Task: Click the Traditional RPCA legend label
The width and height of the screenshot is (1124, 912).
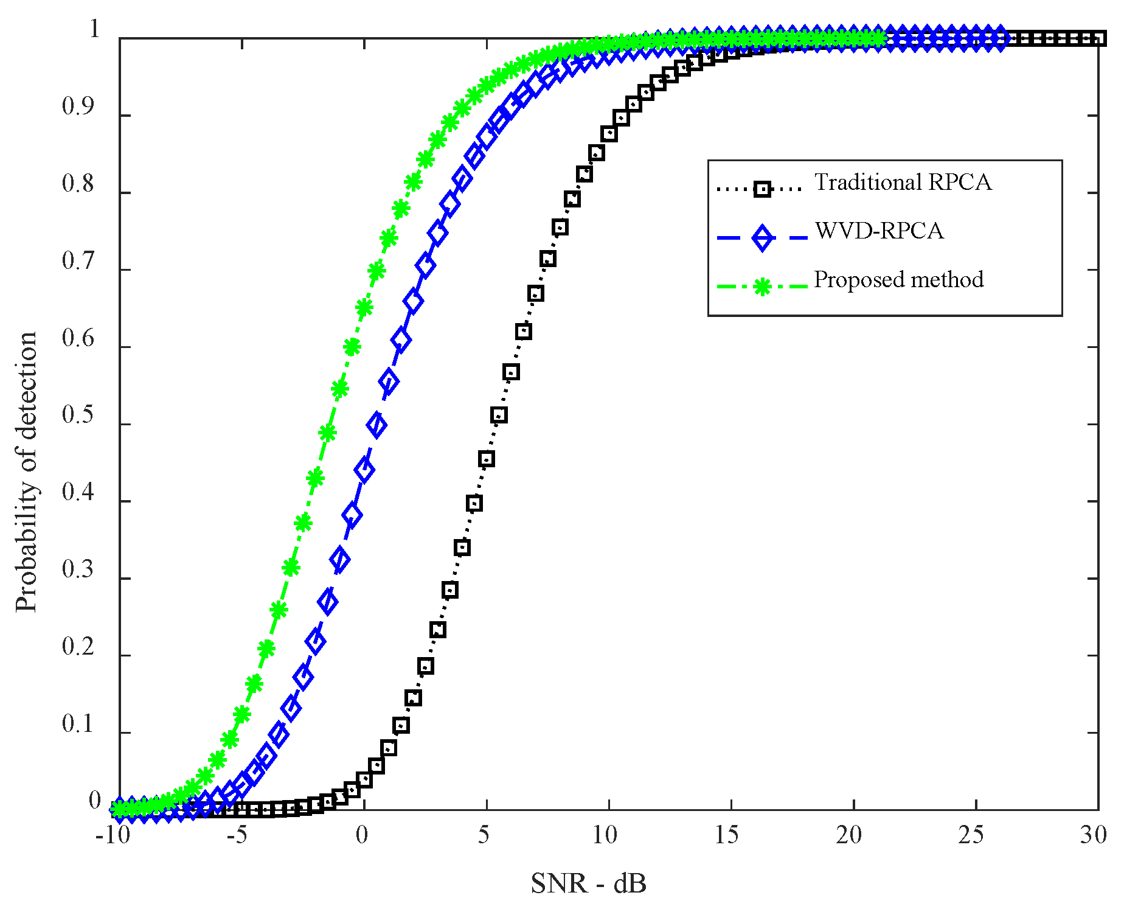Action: tap(903, 183)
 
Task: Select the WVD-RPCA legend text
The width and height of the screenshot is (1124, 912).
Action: tap(879, 231)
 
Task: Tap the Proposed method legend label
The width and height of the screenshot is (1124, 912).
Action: tap(898, 280)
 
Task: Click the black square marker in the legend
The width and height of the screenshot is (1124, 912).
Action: tap(761, 189)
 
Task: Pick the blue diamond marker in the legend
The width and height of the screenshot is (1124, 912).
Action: tap(761, 237)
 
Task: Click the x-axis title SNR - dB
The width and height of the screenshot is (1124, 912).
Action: tap(588, 884)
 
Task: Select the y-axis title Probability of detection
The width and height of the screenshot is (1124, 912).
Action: tap(27, 472)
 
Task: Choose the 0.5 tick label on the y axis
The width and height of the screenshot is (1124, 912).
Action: tap(78, 416)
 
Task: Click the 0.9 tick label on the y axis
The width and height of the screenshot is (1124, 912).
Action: tap(78, 107)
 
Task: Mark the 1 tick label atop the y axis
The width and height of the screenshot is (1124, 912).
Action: tap(94, 30)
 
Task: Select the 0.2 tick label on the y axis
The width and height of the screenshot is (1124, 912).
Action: tap(78, 647)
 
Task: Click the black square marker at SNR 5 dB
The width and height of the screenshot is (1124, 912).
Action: tap(487, 459)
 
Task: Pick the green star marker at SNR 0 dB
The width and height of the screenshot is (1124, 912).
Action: tap(364, 308)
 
